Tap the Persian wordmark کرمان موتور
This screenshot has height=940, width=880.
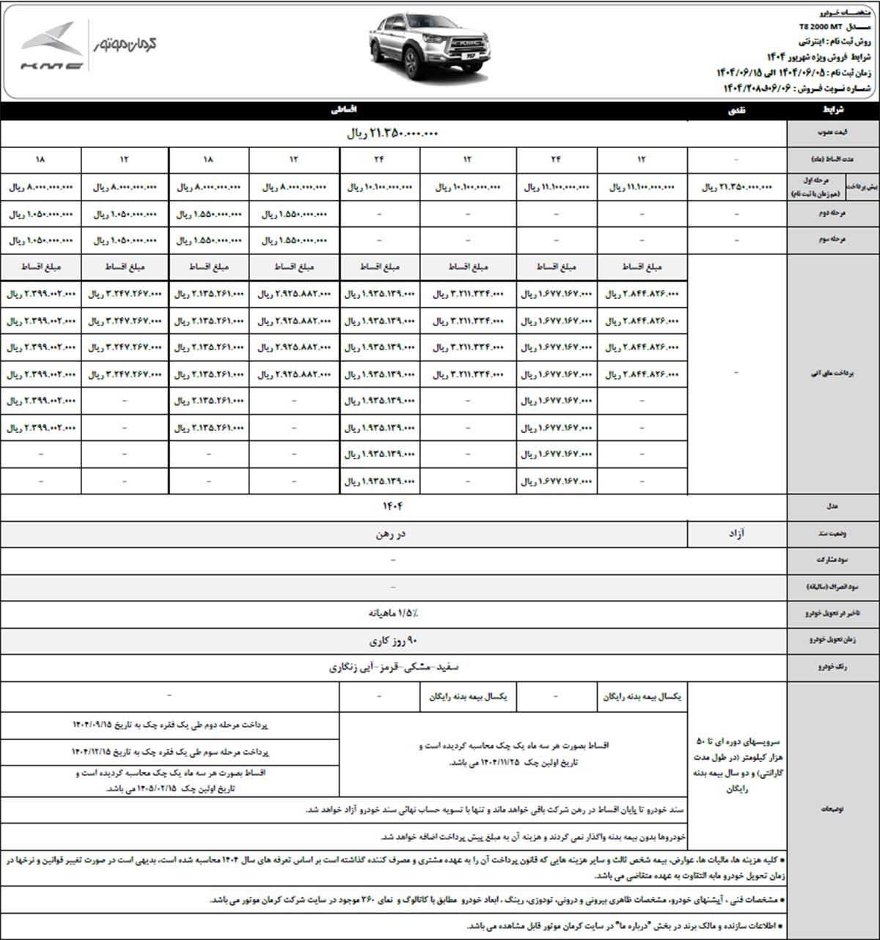tap(125, 45)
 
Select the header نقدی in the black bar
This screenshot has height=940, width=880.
tap(734, 110)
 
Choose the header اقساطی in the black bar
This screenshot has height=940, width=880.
tap(345, 110)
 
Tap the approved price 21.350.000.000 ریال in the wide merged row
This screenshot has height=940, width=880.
tap(392, 134)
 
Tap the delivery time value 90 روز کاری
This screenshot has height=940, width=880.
tap(393, 640)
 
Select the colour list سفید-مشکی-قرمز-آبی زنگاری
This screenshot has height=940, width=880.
tap(393, 667)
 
